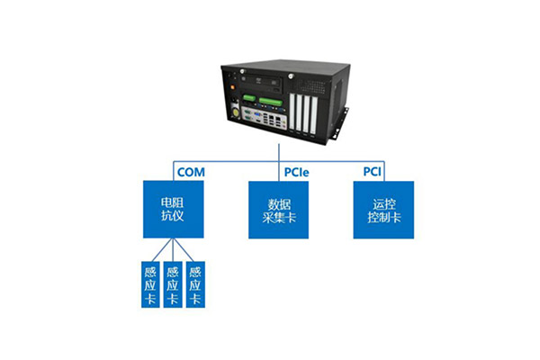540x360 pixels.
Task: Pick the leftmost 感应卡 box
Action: click(149, 284)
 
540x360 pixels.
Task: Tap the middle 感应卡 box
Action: click(172, 284)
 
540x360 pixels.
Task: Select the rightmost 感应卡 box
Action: click(194, 284)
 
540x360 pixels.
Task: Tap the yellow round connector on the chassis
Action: click(237, 112)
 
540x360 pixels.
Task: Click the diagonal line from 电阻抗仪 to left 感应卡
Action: click(156, 249)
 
